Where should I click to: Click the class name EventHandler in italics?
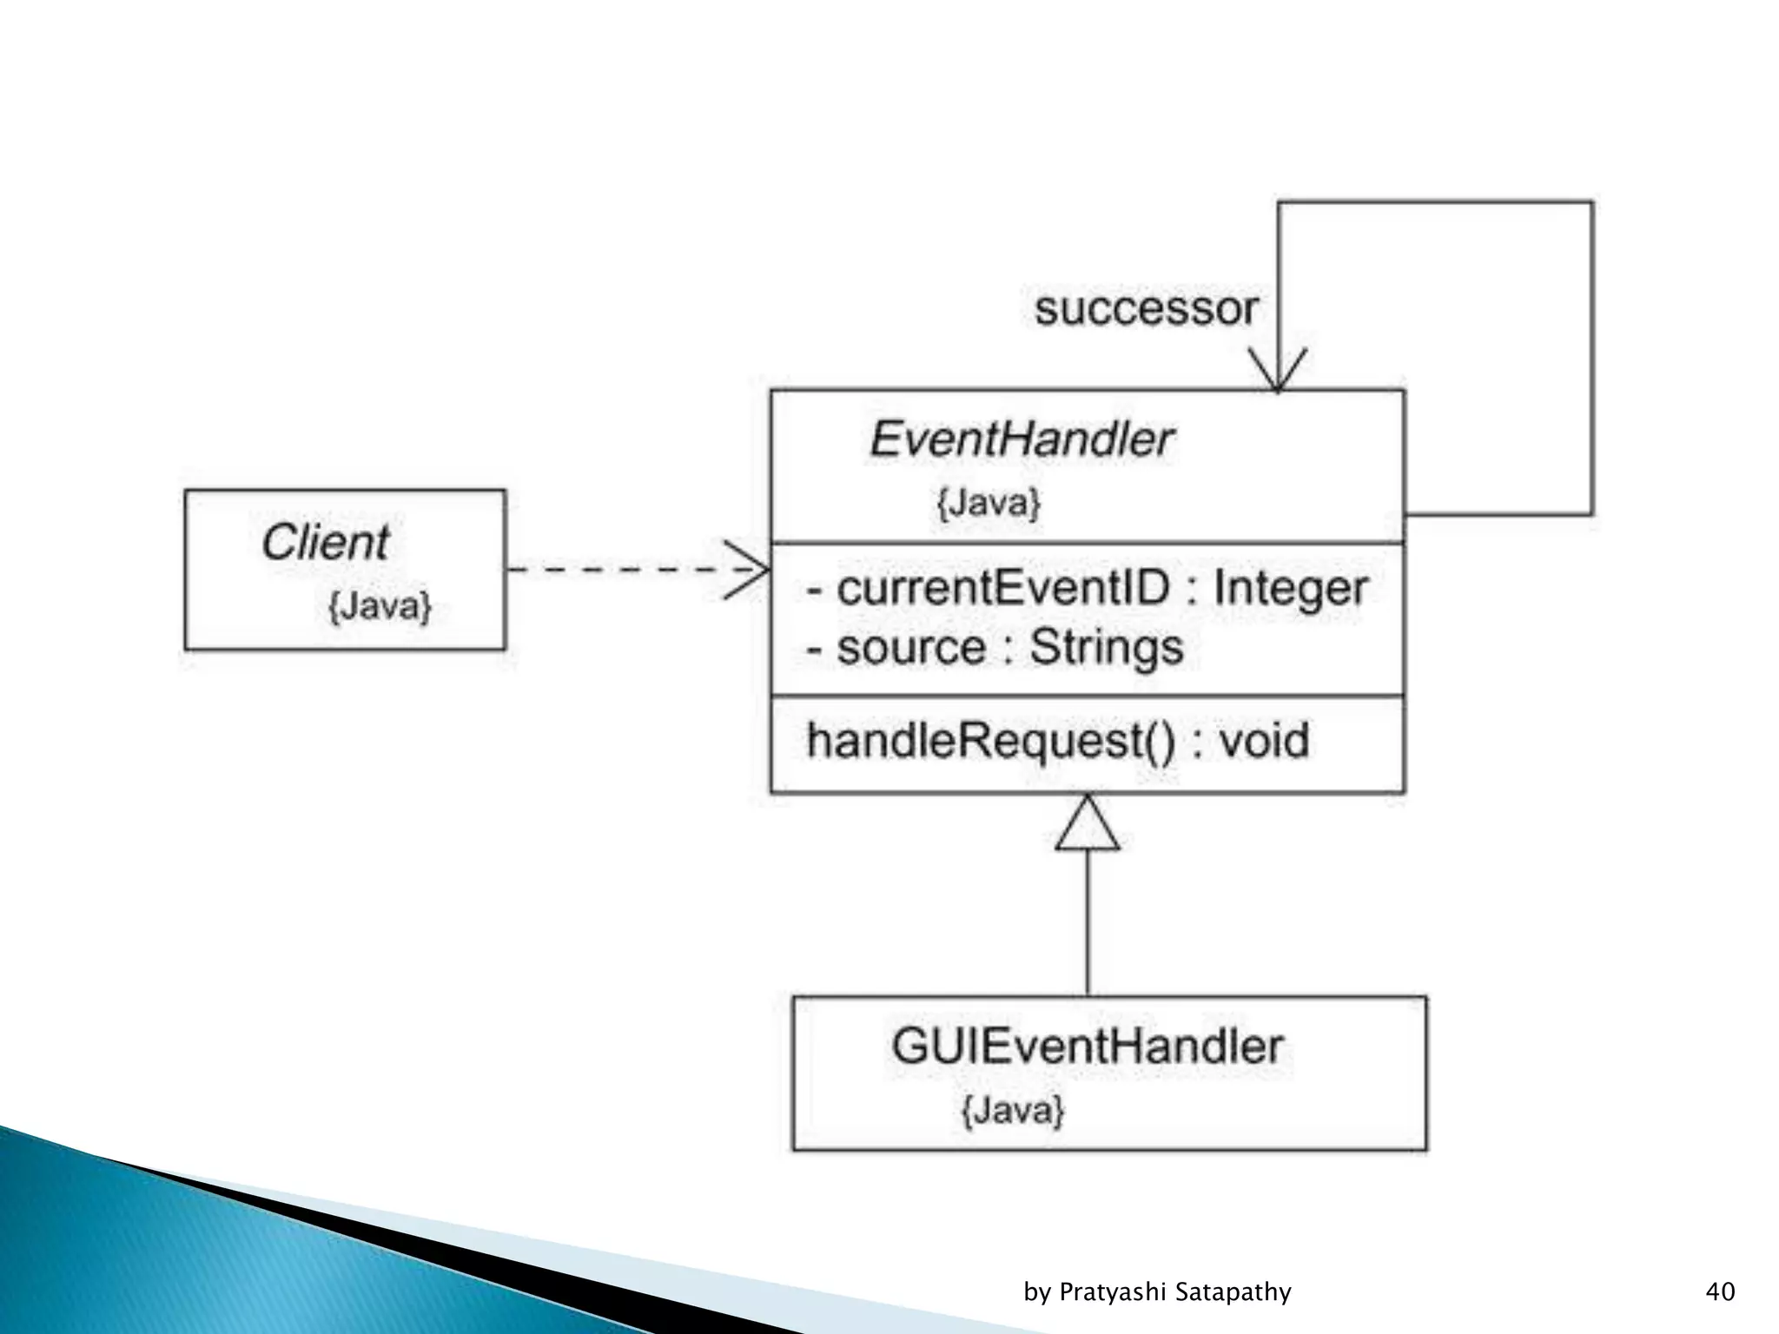point(1022,439)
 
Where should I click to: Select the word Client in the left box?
point(326,543)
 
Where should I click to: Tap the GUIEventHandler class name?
point(1087,1047)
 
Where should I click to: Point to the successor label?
point(1146,309)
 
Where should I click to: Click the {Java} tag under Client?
point(380,606)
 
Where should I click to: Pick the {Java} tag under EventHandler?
point(989,503)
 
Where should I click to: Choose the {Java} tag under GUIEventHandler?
point(1013,1110)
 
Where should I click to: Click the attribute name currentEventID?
point(1003,588)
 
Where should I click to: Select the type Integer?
point(1290,588)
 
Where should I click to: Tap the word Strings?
point(1106,648)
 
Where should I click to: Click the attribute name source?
point(911,648)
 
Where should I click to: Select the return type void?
point(1264,742)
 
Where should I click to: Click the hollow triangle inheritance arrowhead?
point(1088,824)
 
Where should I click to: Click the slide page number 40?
point(1720,1291)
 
